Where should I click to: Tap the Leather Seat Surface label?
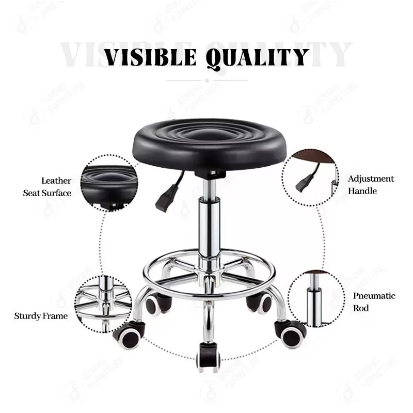tap(47, 187)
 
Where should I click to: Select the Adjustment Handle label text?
tap(371, 185)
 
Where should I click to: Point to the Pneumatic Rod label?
tap(374, 302)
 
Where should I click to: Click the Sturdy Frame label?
tap(41, 315)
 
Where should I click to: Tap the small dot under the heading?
tap(206, 80)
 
